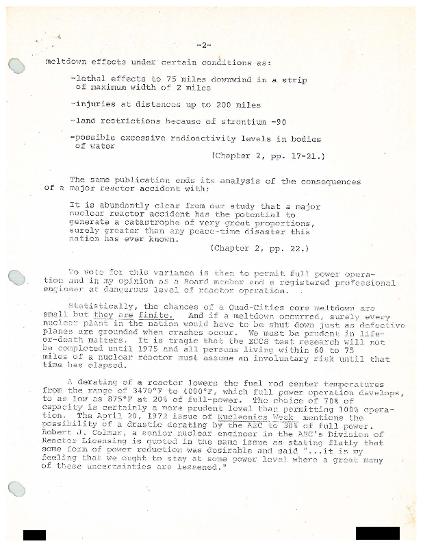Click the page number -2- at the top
(203, 45)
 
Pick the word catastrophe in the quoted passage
(146, 223)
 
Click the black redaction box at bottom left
(34, 536)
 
